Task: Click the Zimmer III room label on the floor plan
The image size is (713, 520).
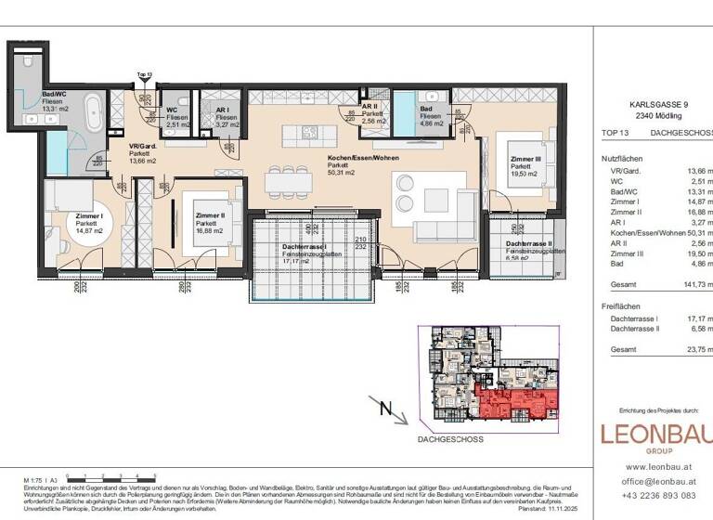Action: [525, 160]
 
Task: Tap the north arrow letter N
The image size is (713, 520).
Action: [387, 405]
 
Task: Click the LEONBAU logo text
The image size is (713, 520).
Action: [656, 435]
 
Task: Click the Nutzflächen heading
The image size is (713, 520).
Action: [622, 159]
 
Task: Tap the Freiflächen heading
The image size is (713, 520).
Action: [622, 305]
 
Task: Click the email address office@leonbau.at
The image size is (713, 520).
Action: [656, 481]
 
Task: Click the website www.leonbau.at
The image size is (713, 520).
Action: [656, 466]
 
